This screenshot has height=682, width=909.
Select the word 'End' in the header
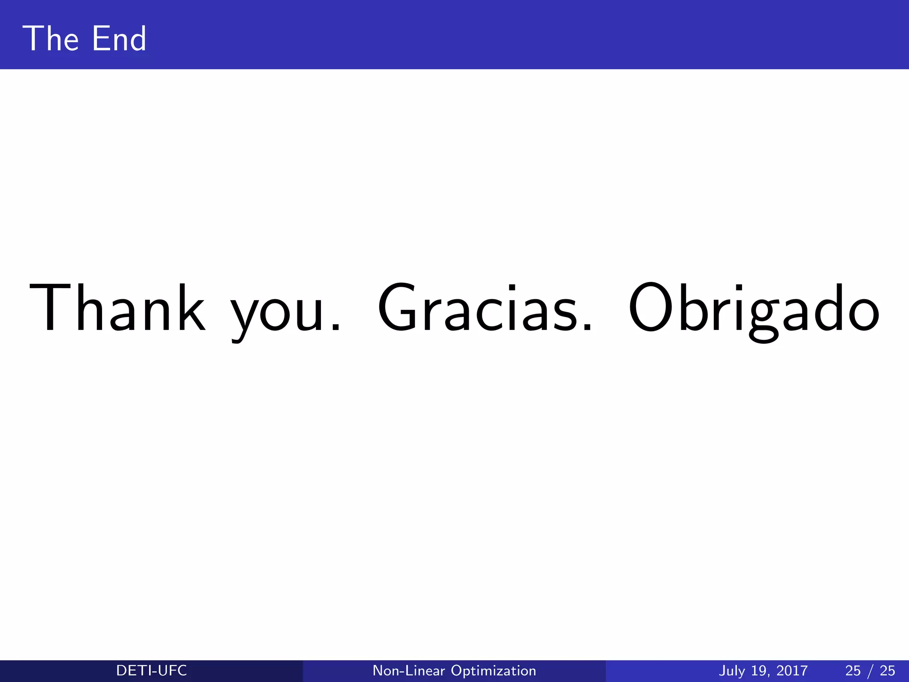(x=119, y=39)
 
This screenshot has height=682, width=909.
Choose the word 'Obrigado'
(x=753, y=309)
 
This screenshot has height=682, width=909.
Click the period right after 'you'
(x=336, y=327)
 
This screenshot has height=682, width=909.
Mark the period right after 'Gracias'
(x=587, y=327)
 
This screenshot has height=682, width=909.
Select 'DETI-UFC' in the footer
(x=151, y=670)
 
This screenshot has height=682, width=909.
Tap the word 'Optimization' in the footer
(x=493, y=670)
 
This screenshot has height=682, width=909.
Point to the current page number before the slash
(x=853, y=670)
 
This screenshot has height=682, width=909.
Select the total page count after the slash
(x=887, y=670)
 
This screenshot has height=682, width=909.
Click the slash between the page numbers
(x=870, y=670)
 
